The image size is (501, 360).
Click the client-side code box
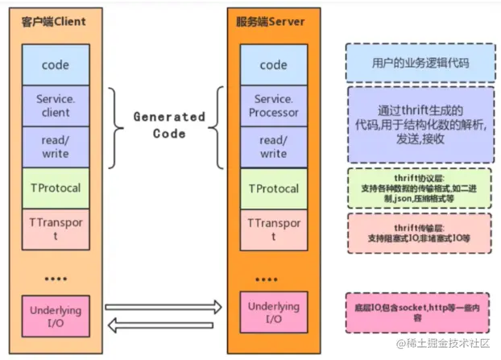56,65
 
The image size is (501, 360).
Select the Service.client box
56,106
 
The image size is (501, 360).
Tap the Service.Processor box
274,106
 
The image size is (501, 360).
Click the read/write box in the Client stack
56,147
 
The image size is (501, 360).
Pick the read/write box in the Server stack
274,147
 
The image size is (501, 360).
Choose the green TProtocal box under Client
56,188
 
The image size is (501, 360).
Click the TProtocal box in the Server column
274,188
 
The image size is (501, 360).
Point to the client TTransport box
56,230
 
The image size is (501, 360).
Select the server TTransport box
274,230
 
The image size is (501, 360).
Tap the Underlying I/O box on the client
56,317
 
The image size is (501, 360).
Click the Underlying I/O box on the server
274,312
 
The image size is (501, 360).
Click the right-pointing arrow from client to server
164,308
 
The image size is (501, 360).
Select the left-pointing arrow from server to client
160,325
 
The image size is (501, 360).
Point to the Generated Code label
169,125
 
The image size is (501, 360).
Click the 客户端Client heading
54,22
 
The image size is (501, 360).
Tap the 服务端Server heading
271,22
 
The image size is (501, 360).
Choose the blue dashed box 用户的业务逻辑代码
420,63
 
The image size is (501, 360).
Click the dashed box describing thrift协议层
420,188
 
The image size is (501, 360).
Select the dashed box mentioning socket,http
417,313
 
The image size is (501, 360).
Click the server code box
274,65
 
